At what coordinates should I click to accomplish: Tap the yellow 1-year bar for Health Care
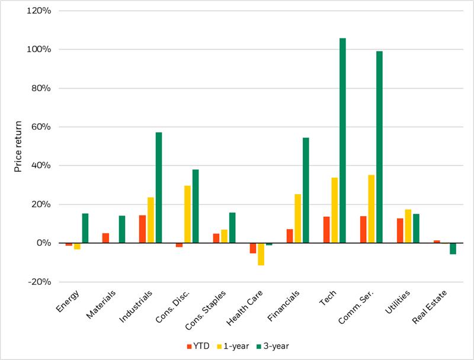[261, 254]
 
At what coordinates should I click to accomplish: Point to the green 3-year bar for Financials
[306, 190]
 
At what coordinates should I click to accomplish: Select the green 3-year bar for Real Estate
[453, 249]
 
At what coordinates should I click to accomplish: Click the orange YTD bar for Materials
[105, 238]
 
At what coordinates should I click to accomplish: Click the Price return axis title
[18, 146]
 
